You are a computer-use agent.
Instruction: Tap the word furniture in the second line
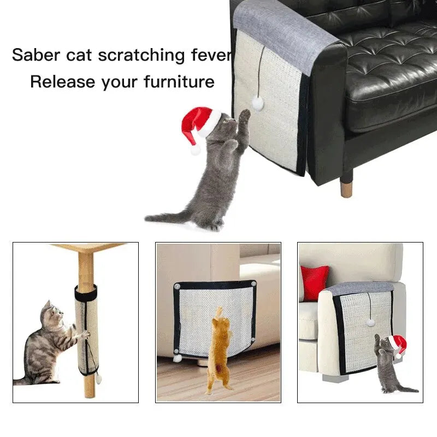179,82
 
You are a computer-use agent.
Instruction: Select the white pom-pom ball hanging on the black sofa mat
257,103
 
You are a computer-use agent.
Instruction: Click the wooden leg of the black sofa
346,186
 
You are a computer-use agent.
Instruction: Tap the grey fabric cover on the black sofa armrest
284,33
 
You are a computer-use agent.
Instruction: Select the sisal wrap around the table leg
87,333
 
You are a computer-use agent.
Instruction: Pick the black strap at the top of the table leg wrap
86,294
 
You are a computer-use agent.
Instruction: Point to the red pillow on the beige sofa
315,281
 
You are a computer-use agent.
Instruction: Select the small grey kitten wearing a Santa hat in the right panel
385,363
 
